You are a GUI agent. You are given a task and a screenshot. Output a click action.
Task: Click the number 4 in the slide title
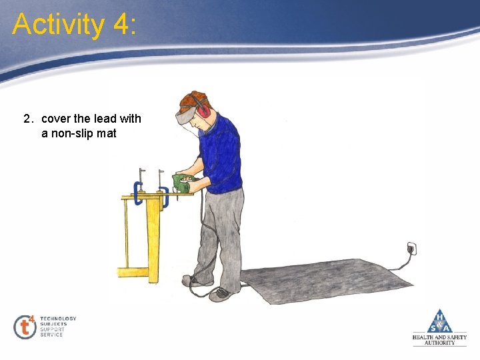[x=122, y=25]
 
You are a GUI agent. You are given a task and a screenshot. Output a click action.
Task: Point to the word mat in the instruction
[x=107, y=133]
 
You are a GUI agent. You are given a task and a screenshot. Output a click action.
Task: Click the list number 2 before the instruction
[x=27, y=119]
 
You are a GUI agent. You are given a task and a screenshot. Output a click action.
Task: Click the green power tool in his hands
[x=181, y=182]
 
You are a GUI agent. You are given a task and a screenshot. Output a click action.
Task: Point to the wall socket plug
[x=411, y=249]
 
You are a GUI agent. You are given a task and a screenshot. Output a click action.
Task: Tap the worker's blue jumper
[x=221, y=155]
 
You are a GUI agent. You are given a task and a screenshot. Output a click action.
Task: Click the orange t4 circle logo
[x=25, y=327]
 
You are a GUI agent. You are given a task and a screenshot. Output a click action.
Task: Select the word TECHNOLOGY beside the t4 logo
[x=58, y=319]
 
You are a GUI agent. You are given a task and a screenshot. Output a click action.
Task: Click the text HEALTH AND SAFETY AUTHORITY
[x=439, y=340]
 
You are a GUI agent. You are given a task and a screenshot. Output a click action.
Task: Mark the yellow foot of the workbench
[x=132, y=272]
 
